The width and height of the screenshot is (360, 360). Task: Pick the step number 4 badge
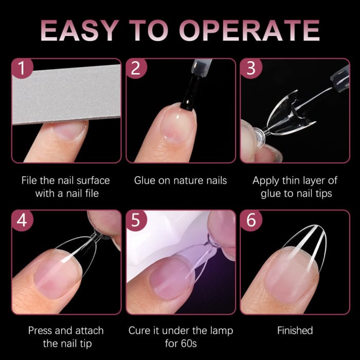coord(21,220)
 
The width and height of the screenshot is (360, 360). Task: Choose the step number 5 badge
coord(136,220)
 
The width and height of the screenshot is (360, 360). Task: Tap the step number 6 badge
coord(251,220)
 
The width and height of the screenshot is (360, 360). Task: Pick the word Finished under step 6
coord(295,331)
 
